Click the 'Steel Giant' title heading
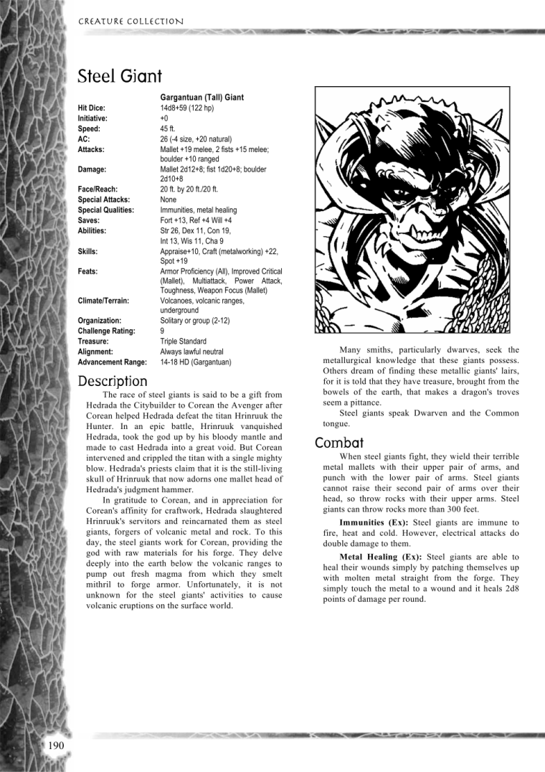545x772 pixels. coord(120,76)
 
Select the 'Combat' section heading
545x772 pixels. coord(340,443)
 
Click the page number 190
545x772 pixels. coord(57,746)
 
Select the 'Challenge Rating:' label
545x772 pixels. coord(107,331)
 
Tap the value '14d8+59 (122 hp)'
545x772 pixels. coord(188,108)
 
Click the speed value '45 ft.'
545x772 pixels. coord(170,128)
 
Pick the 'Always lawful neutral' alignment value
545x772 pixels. coord(191,352)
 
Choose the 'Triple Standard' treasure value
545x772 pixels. coord(183,342)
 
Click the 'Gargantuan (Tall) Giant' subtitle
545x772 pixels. coord(202,97)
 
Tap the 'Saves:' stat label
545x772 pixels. coord(88,221)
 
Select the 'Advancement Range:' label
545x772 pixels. coord(112,362)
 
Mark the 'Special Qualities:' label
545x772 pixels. coord(106,210)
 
